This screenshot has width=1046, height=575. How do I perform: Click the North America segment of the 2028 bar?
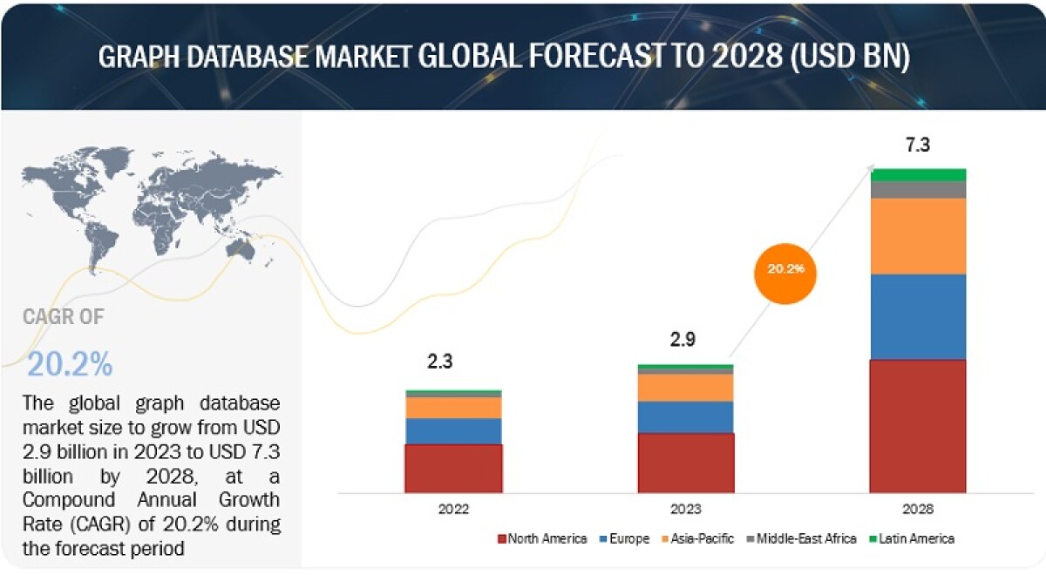[x=918, y=426]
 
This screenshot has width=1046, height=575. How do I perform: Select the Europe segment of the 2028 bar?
[x=918, y=316]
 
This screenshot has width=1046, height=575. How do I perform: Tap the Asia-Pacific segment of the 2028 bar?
[x=918, y=236]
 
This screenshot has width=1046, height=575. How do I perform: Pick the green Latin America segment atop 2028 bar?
[x=918, y=174]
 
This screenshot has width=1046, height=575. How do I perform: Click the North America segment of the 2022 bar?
[x=453, y=468]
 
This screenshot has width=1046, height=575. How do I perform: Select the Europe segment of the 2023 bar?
[x=685, y=416]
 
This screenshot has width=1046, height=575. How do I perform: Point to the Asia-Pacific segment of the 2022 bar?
[x=453, y=408]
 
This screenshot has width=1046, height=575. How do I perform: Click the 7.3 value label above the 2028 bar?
[x=918, y=145]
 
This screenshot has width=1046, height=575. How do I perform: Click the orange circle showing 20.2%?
[x=786, y=270]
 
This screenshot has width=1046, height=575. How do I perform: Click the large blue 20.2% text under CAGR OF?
[x=70, y=364]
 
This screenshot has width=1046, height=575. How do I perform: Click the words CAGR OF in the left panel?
[x=63, y=317]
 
